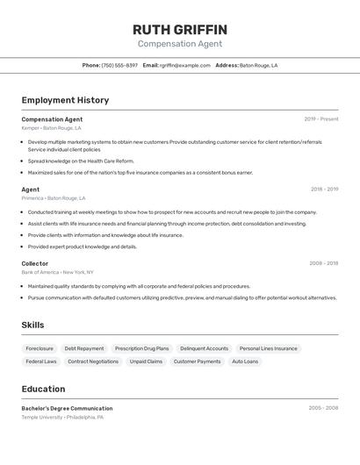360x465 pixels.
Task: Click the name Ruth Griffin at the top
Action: [179, 29]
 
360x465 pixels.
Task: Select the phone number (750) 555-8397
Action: [119, 65]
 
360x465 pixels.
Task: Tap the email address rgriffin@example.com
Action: [185, 65]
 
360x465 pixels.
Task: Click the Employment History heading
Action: [65, 100]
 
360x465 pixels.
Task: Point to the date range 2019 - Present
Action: [320, 119]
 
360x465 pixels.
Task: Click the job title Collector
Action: [35, 263]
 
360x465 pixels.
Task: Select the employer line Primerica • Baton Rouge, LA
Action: [54, 198]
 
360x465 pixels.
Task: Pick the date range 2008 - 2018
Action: [323, 263]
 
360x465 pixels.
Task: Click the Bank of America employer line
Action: [57, 272]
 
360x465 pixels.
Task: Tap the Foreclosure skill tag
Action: [40, 348]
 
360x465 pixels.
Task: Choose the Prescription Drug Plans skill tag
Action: [141, 348]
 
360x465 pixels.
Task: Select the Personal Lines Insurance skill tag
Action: [268, 348]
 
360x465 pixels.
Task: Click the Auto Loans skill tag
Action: [245, 361]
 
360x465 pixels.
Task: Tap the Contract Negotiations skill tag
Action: [93, 361]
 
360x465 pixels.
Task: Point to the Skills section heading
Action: [32, 325]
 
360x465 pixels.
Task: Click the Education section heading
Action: [43, 389]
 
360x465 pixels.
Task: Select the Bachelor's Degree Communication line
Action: [67, 408]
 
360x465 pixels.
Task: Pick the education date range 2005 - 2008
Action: [323, 408]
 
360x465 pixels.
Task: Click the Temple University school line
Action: [62, 418]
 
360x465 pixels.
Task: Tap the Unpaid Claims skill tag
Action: [146, 361]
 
